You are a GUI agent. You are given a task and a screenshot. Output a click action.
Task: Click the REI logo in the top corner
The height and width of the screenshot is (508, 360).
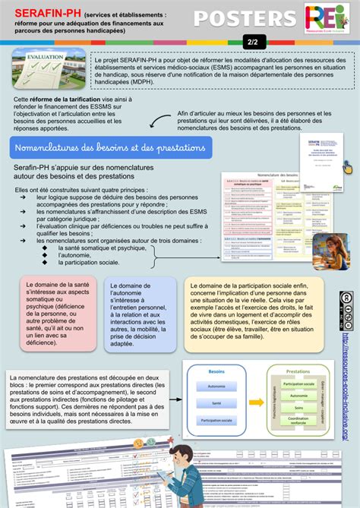[327, 19]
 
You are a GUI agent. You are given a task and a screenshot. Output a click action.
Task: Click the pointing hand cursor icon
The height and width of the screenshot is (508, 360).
[348, 166]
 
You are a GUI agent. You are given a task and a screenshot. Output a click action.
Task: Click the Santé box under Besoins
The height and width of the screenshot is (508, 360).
[216, 424]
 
